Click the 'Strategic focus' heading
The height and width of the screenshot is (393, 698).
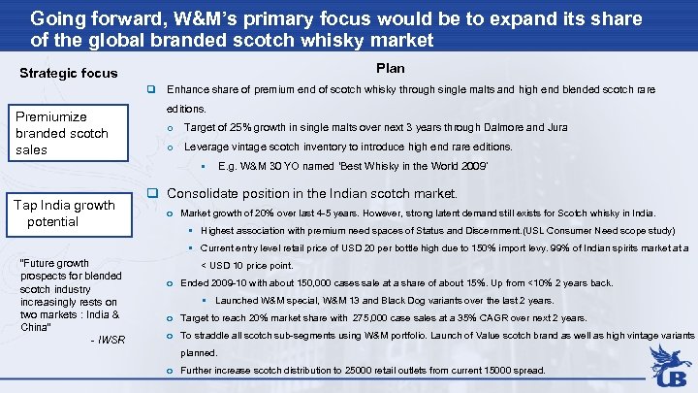[69, 73]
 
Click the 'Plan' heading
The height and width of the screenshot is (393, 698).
[391, 68]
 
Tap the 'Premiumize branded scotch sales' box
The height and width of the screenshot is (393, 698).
[62, 133]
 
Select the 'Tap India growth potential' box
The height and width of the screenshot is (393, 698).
[64, 213]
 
